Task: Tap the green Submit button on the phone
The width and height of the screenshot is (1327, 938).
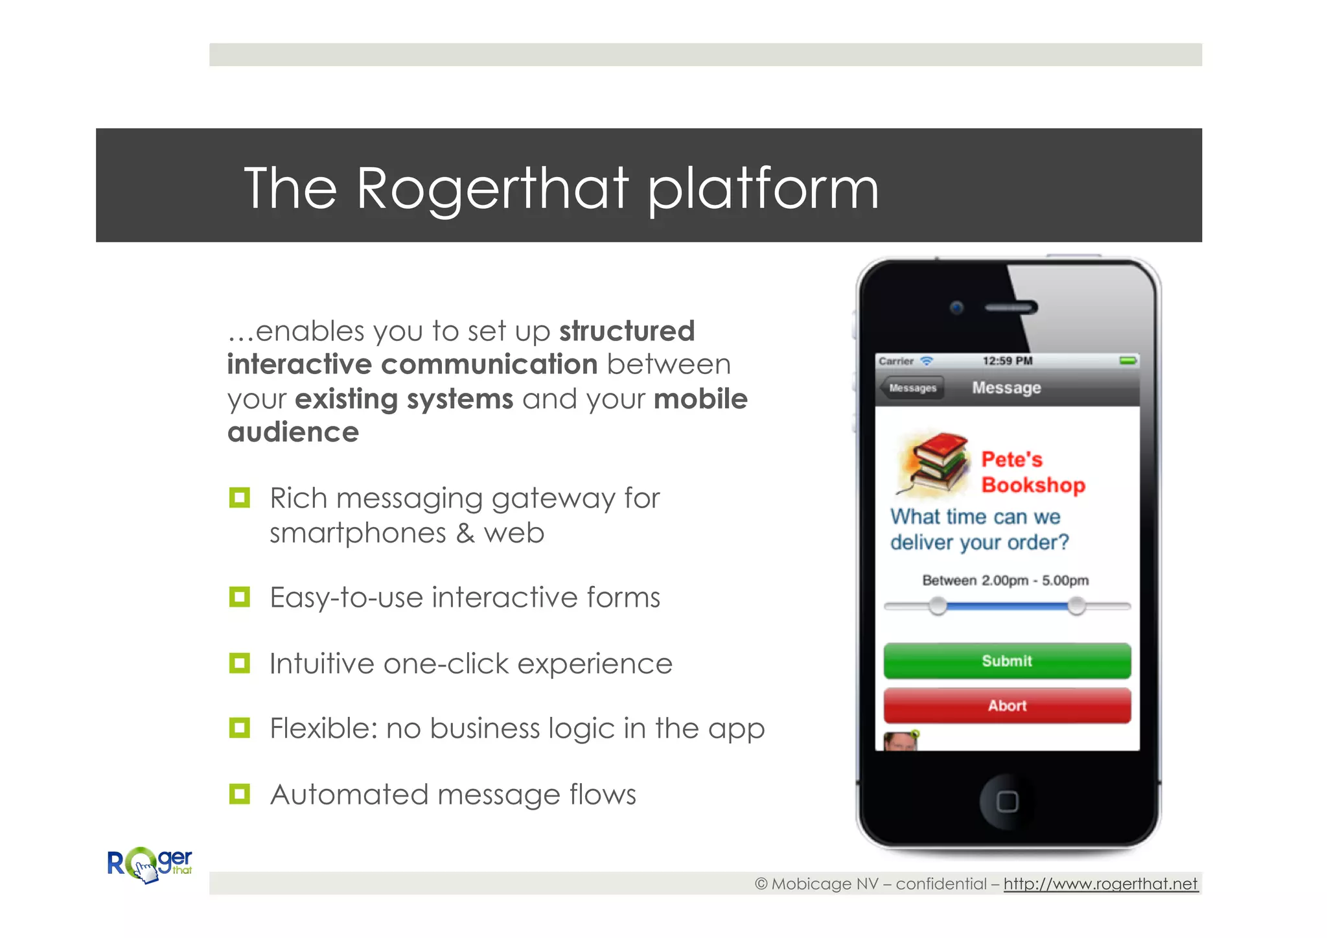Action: [1007, 661]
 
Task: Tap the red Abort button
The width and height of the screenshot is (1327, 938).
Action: [1007, 705]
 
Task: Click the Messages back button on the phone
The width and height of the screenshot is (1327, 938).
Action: [912, 388]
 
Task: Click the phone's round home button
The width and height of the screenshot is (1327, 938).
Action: [1006, 801]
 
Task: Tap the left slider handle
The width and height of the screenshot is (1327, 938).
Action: [937, 606]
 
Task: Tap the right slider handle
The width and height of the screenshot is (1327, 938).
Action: [1076, 606]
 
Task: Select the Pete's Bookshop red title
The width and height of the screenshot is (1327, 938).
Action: [1033, 472]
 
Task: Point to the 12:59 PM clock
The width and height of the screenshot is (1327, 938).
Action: [1007, 360]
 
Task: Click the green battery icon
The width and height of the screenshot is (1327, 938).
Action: [1128, 360]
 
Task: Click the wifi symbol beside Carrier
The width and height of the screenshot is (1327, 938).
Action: [927, 360]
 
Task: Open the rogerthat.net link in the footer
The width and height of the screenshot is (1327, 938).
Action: [1100, 884]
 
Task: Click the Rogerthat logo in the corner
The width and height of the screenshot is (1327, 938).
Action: [150, 865]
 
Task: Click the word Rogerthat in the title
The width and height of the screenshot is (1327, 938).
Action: [492, 189]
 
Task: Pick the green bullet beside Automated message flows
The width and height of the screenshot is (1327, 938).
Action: [240, 794]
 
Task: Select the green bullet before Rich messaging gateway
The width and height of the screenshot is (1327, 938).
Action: [240, 498]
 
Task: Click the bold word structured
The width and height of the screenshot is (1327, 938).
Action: [627, 331]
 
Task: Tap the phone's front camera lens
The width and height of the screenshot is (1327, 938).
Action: [956, 307]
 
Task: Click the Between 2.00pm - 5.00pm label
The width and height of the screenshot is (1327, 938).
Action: [1005, 580]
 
